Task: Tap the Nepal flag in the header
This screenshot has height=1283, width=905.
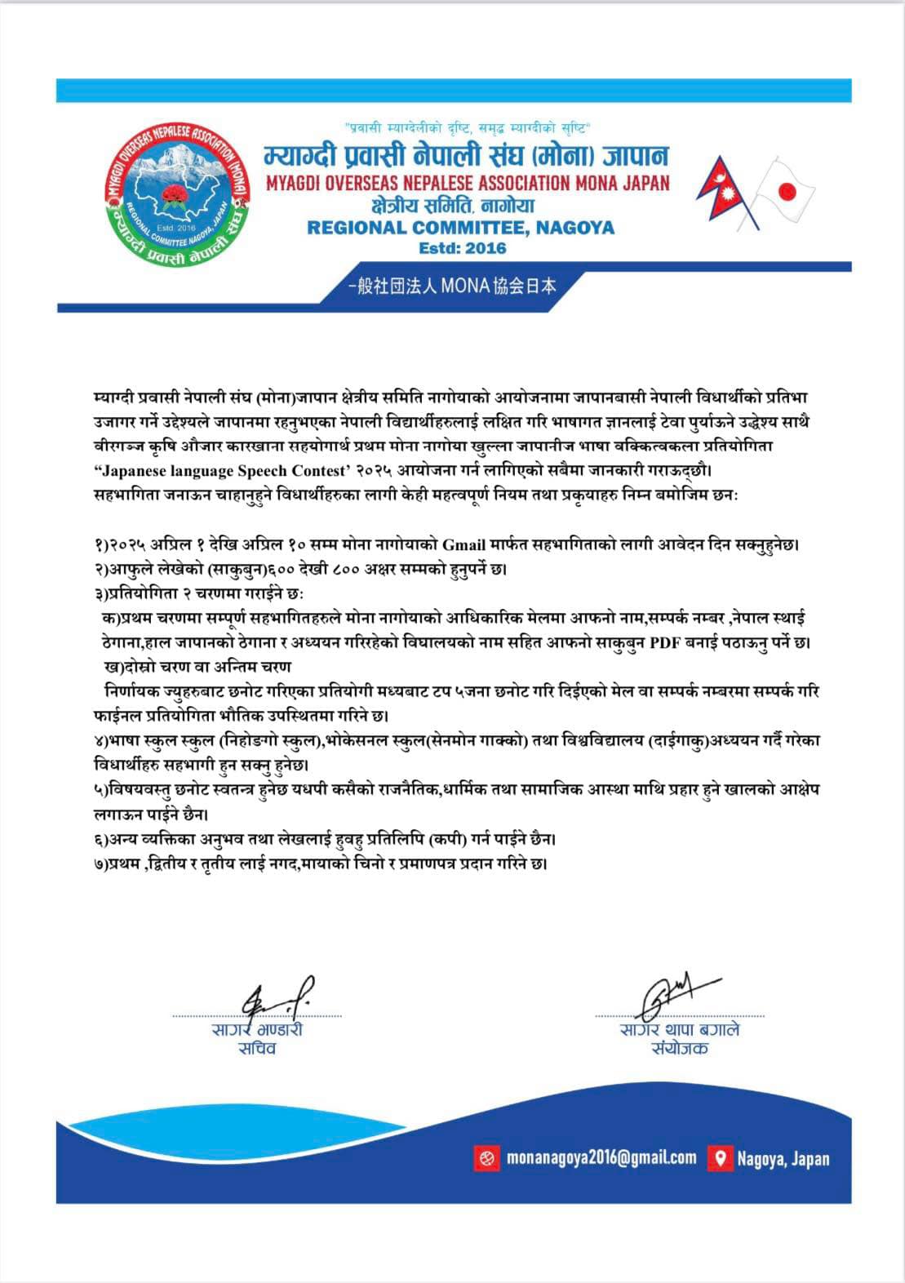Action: (x=720, y=191)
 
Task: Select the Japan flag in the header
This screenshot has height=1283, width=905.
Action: (x=783, y=193)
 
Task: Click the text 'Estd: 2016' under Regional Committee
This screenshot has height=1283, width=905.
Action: (x=462, y=248)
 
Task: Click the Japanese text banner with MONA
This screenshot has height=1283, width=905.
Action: (x=451, y=286)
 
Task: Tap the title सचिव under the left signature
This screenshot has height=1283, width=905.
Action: (x=257, y=1048)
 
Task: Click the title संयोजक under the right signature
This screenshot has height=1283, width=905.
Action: (x=680, y=1048)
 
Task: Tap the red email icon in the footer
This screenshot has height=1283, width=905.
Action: (x=486, y=1157)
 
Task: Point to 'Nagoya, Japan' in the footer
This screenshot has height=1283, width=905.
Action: (x=783, y=1158)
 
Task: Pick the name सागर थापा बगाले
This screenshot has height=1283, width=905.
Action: (x=680, y=1029)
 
